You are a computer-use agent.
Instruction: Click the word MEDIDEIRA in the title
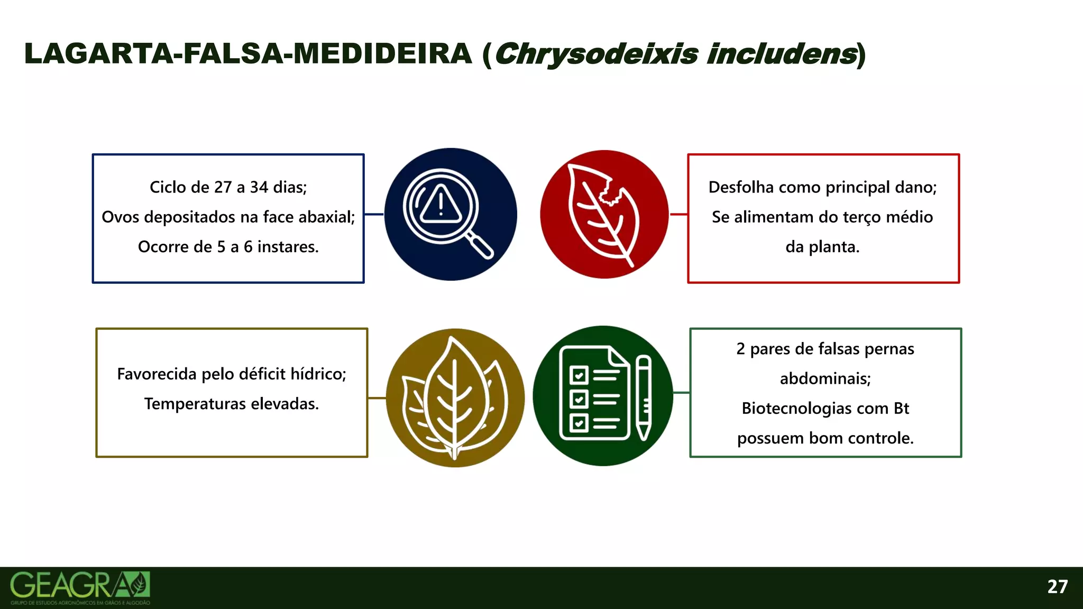tap(382, 54)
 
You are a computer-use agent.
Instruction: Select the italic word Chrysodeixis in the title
tap(596, 54)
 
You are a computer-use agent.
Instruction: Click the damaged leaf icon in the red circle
tap(604, 215)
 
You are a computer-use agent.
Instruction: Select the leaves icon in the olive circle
tap(455, 398)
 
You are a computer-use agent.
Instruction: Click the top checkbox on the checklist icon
tap(579, 375)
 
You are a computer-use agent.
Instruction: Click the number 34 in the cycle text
tap(259, 187)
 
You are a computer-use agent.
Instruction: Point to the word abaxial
tap(328, 217)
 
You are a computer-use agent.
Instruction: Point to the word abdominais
tap(825, 379)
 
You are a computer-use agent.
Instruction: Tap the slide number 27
tap(1057, 587)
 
